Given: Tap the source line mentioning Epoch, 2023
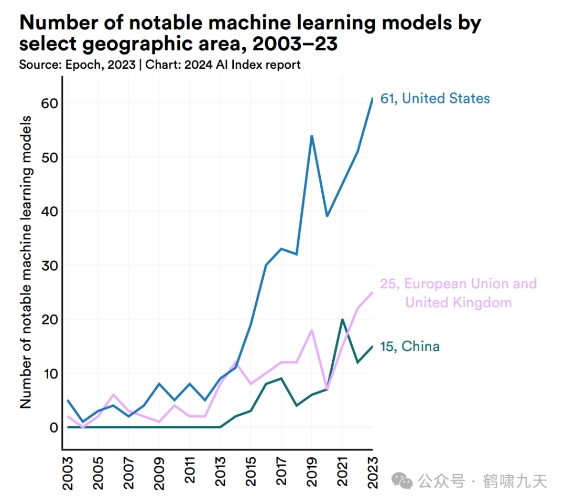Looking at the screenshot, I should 159,65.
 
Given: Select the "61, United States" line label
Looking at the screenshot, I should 435,98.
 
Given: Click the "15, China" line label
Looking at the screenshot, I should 410,346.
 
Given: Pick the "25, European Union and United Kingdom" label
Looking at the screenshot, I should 459,293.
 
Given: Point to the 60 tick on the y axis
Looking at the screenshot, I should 49,103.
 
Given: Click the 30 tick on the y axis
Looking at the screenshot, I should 49,265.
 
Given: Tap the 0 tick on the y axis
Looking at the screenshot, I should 52,427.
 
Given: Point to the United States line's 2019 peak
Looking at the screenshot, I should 312,136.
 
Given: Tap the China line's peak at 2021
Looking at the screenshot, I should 342,319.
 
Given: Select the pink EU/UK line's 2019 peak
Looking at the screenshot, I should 312,330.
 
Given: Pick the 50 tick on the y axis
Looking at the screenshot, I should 49,157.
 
